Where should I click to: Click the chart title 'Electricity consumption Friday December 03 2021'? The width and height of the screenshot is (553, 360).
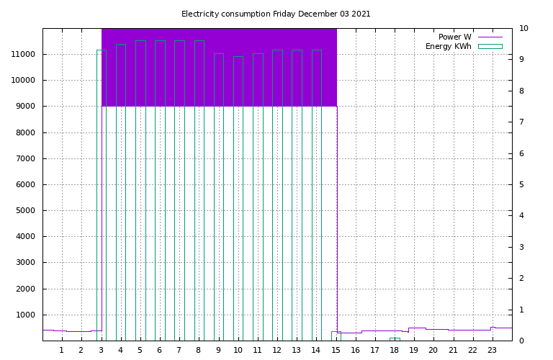coord(276,14)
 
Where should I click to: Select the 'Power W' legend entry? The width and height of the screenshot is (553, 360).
coord(470,37)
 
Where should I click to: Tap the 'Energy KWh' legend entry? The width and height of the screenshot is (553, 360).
coord(464,46)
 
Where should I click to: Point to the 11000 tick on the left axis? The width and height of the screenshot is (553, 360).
coord(23,54)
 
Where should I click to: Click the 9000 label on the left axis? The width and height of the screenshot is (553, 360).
coord(25,106)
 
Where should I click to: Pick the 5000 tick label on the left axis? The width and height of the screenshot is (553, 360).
coord(25,210)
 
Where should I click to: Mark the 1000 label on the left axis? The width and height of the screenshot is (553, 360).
coord(25,315)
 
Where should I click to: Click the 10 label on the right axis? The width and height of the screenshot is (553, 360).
coord(523,28)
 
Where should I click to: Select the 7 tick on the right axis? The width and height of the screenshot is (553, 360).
coord(521,122)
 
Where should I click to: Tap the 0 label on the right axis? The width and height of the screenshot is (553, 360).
coord(521,341)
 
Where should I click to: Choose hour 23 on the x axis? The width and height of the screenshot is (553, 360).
coord(492,350)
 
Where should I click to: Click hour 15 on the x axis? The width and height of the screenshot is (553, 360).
coord(336,350)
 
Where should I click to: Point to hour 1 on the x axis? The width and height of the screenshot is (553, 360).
coord(62,350)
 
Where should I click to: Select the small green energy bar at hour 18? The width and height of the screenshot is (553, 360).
coord(395,338)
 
